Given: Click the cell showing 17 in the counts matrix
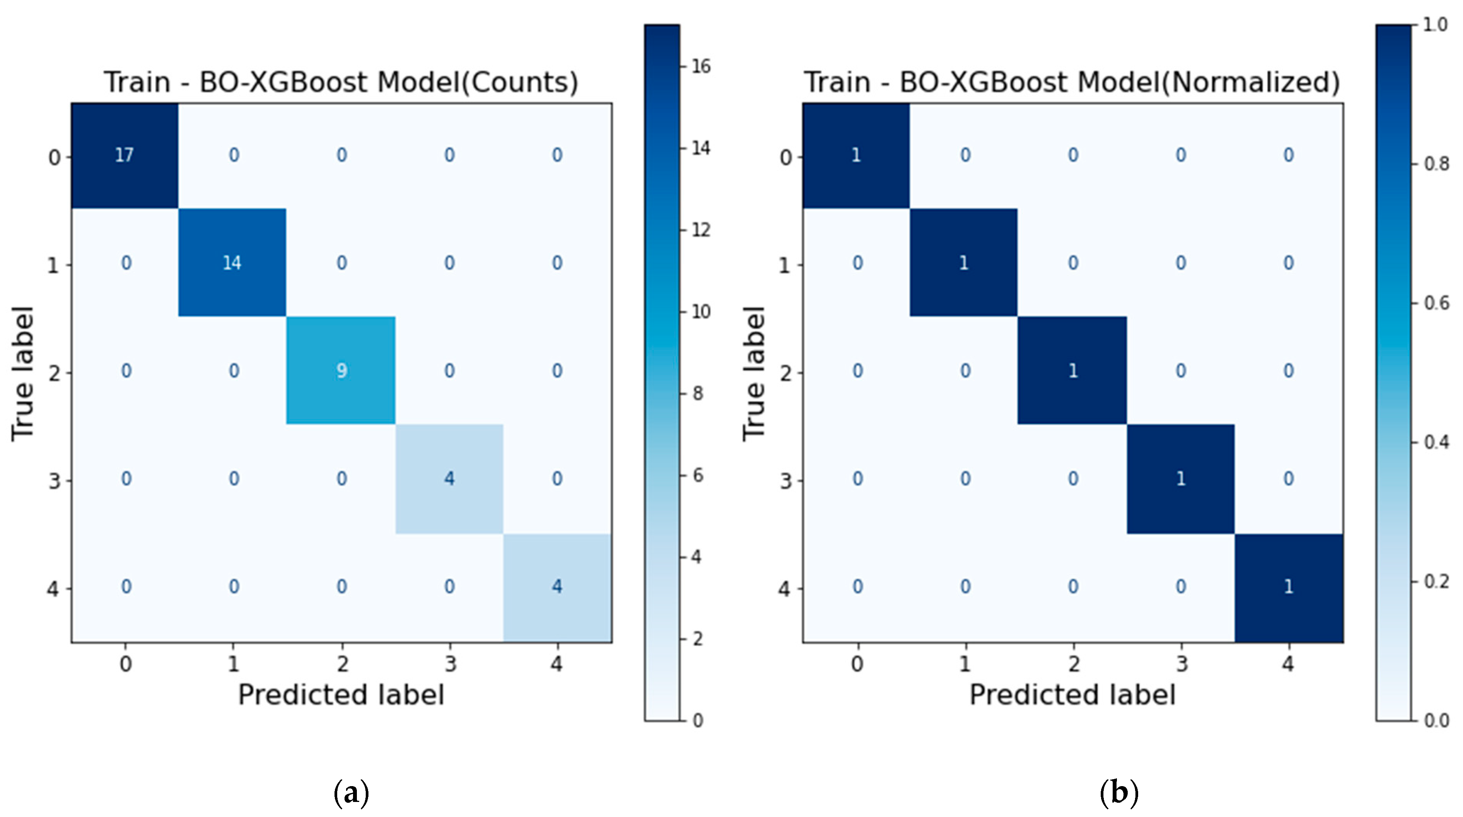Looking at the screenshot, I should [124, 155].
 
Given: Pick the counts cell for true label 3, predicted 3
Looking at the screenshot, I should [449, 479].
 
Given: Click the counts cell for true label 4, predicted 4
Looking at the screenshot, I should [557, 586].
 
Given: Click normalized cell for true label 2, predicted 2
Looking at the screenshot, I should [1072, 370].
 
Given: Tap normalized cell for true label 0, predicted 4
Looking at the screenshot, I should [1288, 155].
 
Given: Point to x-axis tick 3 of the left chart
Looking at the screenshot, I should [450, 663].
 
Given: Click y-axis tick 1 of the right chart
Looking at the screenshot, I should [784, 265].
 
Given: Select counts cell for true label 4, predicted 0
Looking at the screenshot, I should [126, 586].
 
